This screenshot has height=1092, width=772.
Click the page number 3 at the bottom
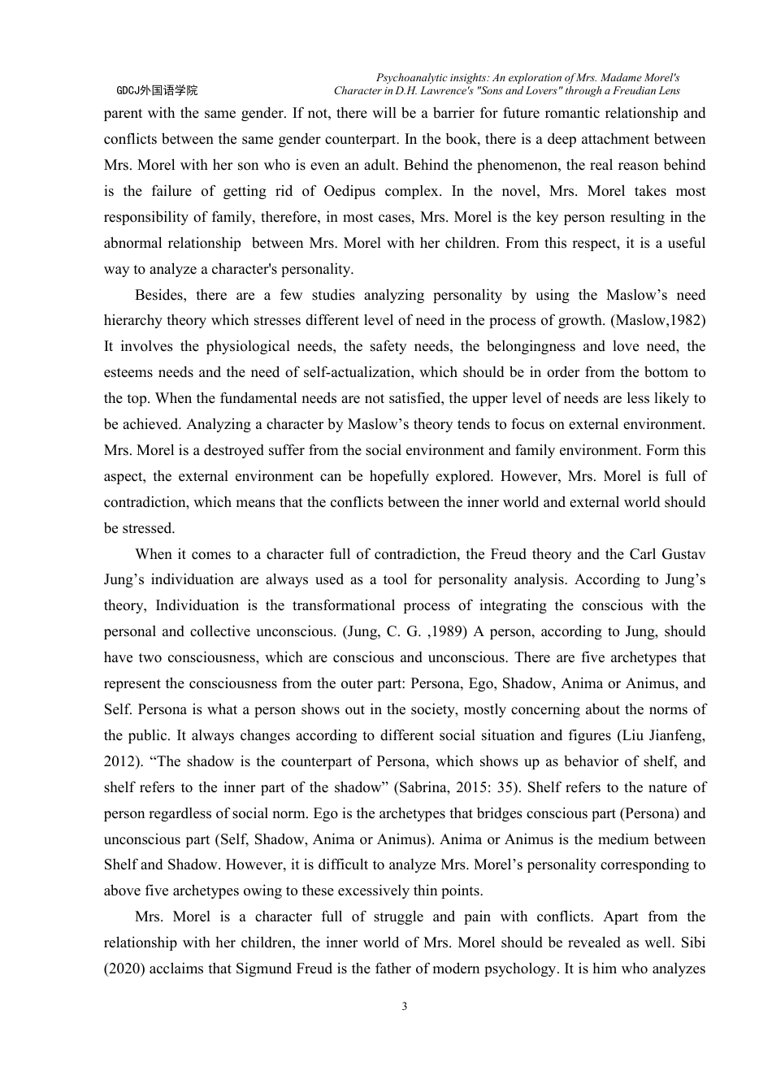click(x=405, y=1007)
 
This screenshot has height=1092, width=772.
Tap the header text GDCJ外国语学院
click(x=157, y=91)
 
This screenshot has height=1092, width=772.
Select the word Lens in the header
click(x=667, y=91)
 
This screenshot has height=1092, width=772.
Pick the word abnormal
click(x=132, y=243)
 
